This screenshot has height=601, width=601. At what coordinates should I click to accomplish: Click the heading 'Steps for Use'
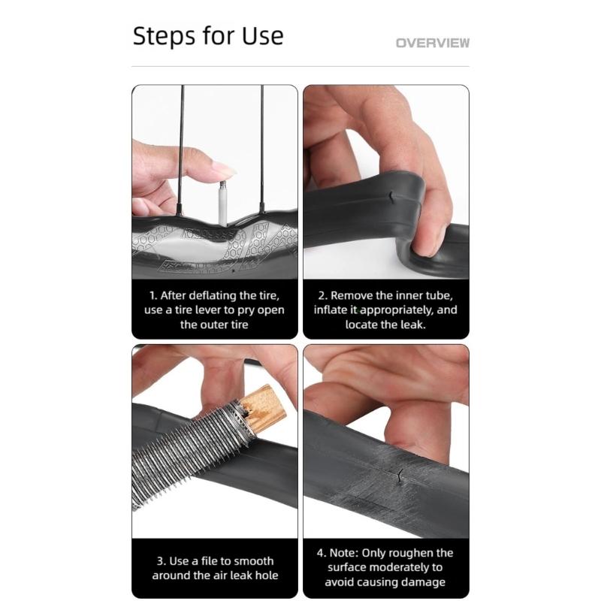point(208,35)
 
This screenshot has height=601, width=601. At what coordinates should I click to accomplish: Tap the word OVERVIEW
point(432,43)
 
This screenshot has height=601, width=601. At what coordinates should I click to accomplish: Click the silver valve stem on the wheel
point(223,201)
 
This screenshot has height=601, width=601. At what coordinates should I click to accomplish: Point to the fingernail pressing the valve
point(224,171)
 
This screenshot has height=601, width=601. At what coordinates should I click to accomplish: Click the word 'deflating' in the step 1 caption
point(207,296)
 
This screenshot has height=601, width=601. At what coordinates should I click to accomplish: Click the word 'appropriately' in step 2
point(406,310)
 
